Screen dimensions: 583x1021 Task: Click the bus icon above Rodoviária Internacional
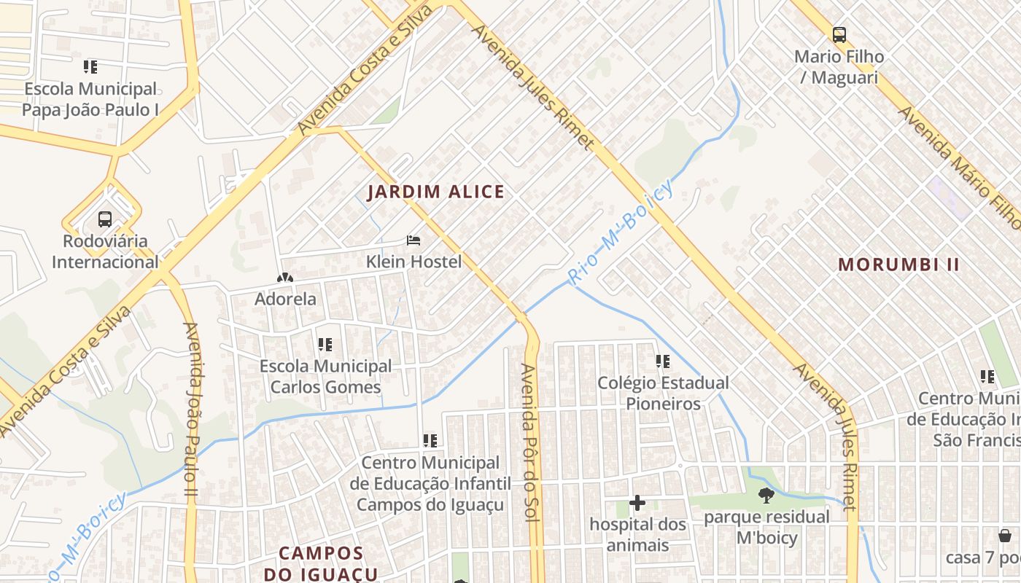(x=105, y=219)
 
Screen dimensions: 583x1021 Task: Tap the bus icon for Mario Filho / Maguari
(x=839, y=34)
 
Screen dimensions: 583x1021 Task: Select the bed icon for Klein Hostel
(x=414, y=240)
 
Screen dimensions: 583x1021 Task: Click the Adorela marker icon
(x=284, y=278)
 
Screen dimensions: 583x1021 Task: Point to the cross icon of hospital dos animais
(x=637, y=503)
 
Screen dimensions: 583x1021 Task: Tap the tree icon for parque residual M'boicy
(x=766, y=496)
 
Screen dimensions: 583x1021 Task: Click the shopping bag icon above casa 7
(x=1005, y=536)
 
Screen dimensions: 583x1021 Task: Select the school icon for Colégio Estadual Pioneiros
(x=663, y=361)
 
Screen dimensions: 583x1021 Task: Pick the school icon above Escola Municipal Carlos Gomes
(x=325, y=344)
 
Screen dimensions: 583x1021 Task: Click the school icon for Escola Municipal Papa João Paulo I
(x=90, y=67)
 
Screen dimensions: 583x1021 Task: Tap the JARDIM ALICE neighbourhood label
(x=435, y=192)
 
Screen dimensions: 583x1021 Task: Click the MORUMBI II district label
(x=898, y=265)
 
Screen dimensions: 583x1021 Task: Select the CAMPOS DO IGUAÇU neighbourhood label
(x=321, y=563)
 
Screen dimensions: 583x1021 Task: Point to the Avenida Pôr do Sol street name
(x=529, y=442)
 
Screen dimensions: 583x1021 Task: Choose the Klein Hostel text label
(x=414, y=261)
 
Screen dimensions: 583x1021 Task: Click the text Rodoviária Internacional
(x=105, y=251)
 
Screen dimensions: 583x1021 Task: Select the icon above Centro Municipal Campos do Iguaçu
(x=430, y=441)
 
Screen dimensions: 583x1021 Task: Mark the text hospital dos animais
(x=637, y=535)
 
